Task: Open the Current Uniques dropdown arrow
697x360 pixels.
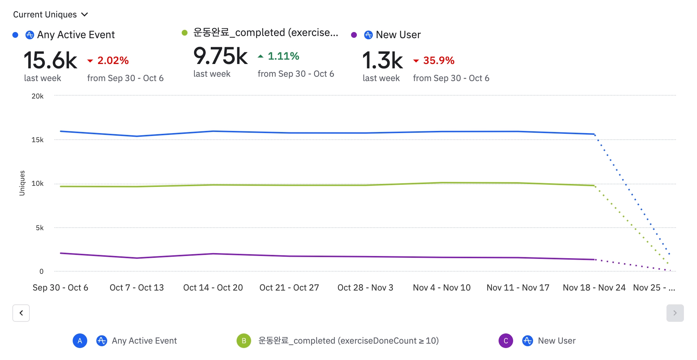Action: [85, 15]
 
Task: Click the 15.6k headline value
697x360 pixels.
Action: [50, 60]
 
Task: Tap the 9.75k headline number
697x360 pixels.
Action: [220, 56]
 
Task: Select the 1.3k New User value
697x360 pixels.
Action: [382, 60]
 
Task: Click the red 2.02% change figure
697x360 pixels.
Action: [113, 60]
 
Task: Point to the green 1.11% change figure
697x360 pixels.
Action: [283, 56]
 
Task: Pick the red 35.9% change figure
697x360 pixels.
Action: [438, 60]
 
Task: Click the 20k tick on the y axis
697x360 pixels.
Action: [37, 96]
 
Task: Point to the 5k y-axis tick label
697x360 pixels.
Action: [40, 228]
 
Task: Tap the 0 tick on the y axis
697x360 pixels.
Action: [41, 271]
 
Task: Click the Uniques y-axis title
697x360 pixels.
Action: [22, 183]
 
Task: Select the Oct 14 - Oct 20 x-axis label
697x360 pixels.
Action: [213, 288]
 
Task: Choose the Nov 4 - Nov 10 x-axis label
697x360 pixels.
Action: [442, 288]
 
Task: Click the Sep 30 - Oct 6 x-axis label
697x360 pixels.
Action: [60, 288]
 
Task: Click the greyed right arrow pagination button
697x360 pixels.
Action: [675, 313]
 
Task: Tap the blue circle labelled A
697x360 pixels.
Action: [80, 341]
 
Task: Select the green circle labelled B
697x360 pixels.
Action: [244, 341]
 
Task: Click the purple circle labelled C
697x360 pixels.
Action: [505, 341]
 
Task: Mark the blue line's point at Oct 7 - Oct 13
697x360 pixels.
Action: [137, 136]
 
